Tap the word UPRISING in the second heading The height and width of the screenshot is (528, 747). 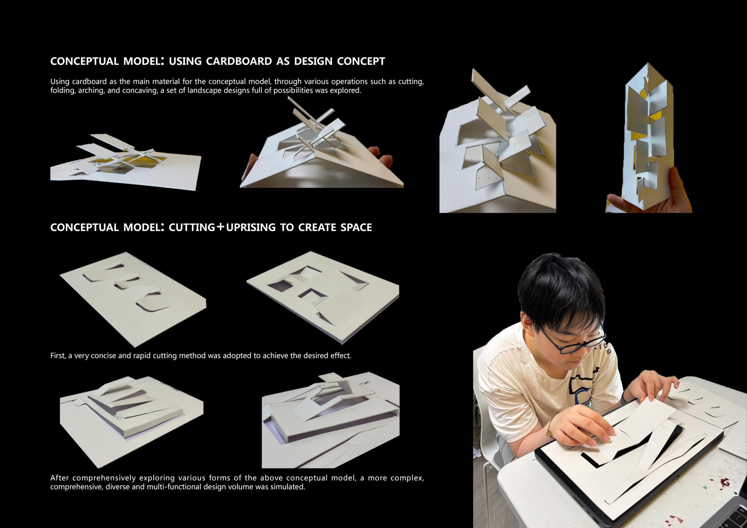[x=251, y=228]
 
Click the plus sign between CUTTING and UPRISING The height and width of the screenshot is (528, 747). [x=220, y=227]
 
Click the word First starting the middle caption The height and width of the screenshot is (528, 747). [x=57, y=356]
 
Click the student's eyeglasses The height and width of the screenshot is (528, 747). [x=571, y=340]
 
